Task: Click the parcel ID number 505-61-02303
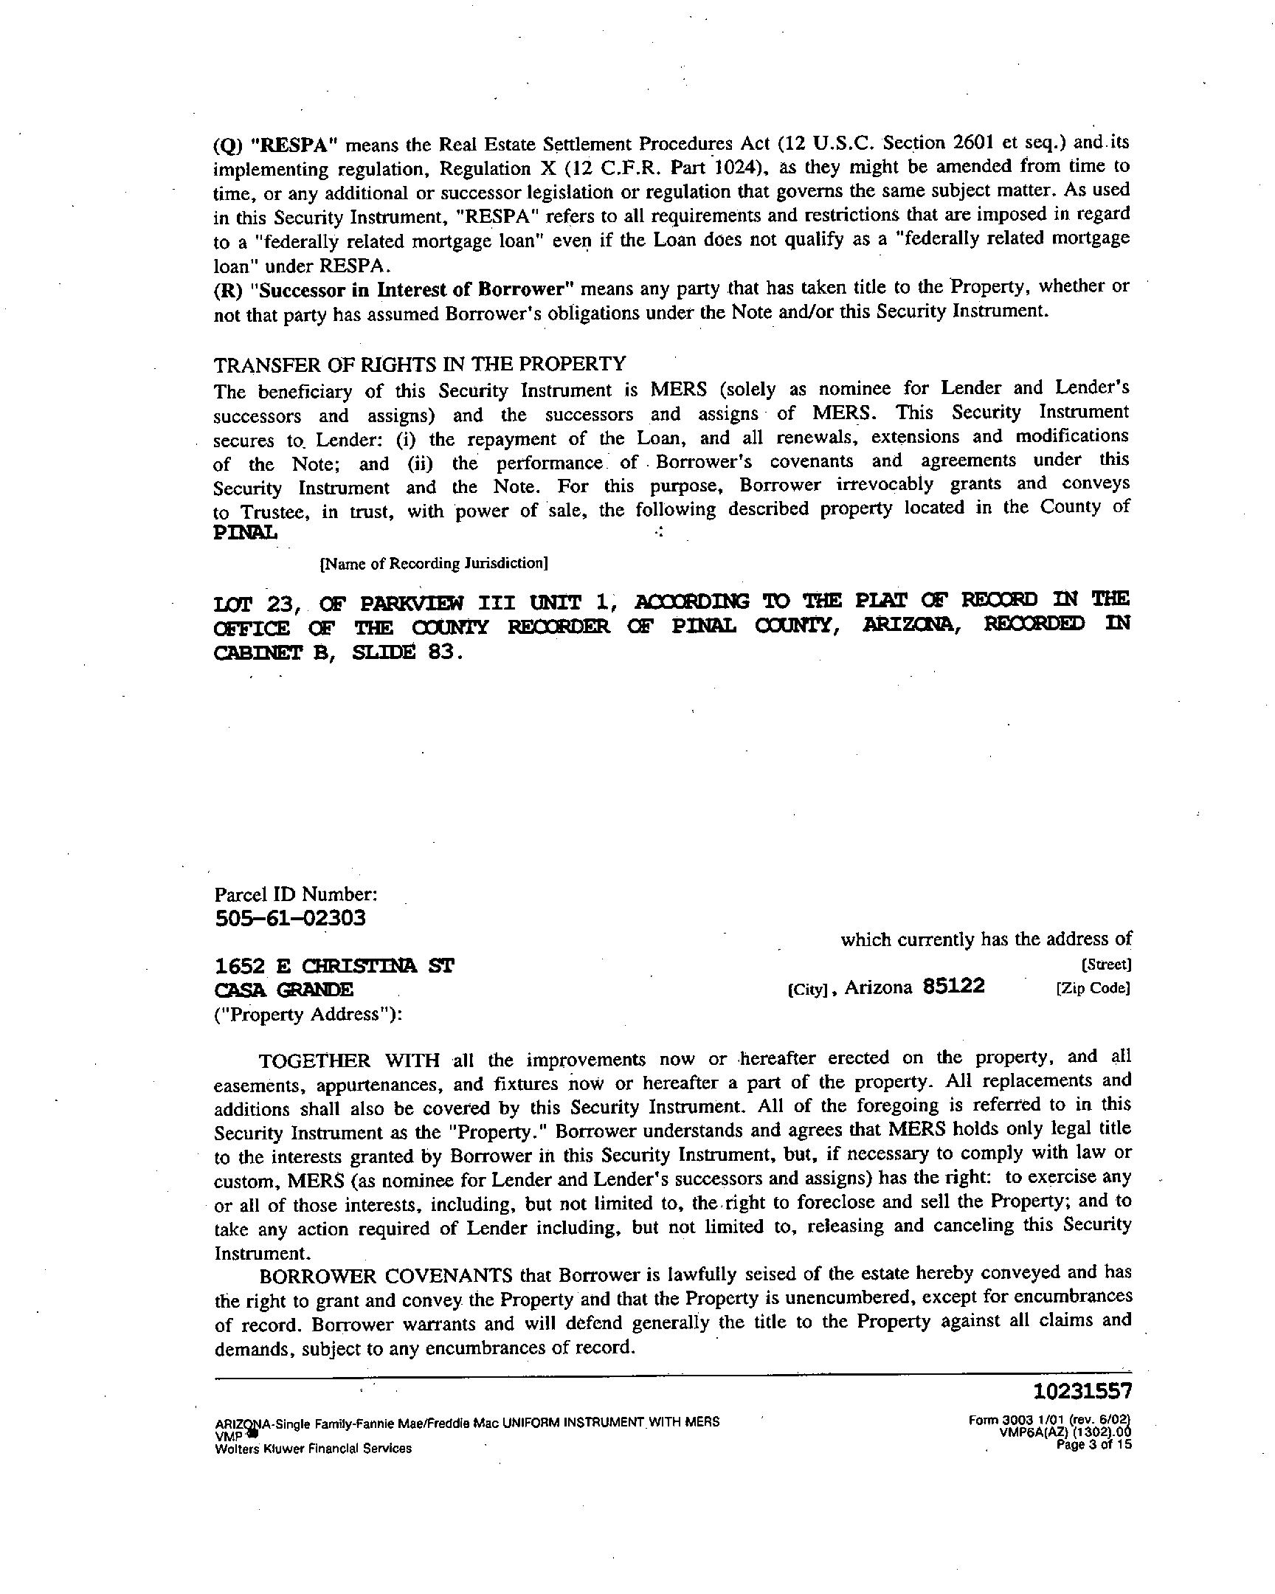(290, 919)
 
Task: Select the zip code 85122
(953, 986)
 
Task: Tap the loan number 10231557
(1082, 1392)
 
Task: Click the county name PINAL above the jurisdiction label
(246, 532)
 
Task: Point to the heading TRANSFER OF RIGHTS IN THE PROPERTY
(420, 364)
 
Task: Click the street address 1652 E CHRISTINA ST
(334, 965)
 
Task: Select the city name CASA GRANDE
(284, 990)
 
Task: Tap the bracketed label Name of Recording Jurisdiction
(433, 563)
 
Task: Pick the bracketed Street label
(1106, 965)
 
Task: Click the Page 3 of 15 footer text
(1094, 1445)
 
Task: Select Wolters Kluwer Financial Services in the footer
(313, 1449)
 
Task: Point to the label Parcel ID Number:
(296, 894)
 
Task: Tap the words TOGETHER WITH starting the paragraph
(349, 1061)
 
